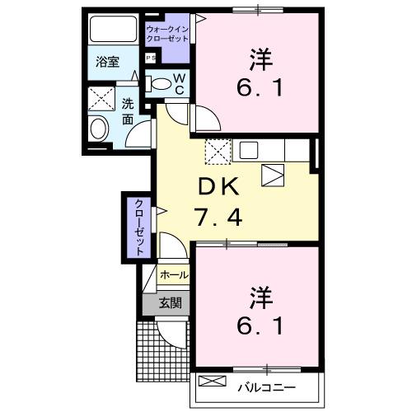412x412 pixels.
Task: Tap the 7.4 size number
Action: pyautogui.click(x=219, y=218)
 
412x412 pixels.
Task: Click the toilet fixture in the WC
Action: pyautogui.click(x=160, y=82)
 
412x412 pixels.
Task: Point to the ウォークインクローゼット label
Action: pyautogui.click(x=167, y=35)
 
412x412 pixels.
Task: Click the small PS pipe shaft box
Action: pyautogui.click(x=151, y=58)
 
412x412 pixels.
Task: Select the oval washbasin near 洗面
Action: pyautogui.click(x=98, y=129)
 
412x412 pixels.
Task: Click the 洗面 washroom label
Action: pyautogui.click(x=128, y=111)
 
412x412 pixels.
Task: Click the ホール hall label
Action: pyautogui.click(x=173, y=274)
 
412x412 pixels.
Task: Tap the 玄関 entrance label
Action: pyautogui.click(x=170, y=303)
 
